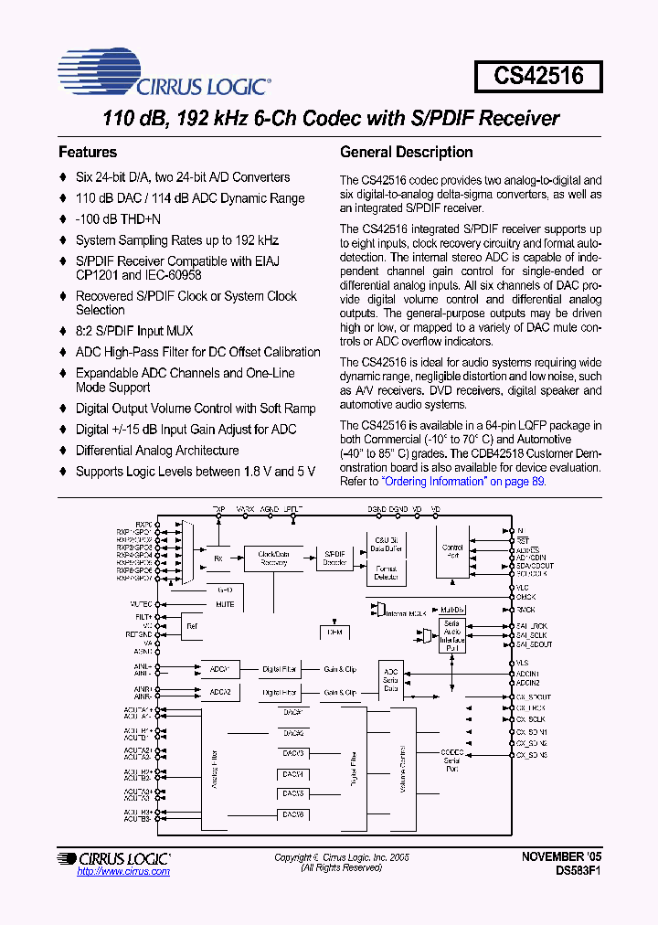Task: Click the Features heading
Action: (88, 153)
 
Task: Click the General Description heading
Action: (406, 153)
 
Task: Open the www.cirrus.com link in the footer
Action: (123, 872)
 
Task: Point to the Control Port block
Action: (452, 552)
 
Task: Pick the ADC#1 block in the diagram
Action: (219, 669)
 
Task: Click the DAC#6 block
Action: (292, 813)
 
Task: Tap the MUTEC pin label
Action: (142, 604)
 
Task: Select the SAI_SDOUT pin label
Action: (534, 644)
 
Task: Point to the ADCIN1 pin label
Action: (527, 674)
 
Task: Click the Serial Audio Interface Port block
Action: (452, 633)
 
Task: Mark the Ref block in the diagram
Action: (192, 626)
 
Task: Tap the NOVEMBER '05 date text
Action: (561, 856)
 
